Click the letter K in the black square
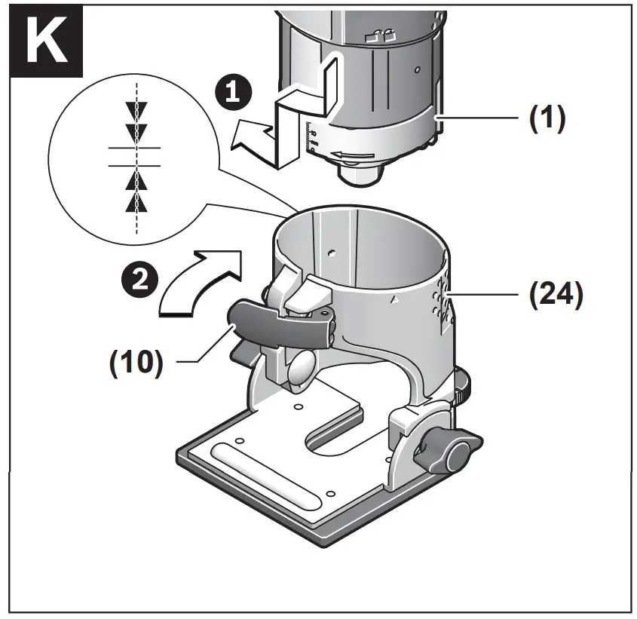tap(47, 43)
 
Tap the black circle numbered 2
tap(135, 280)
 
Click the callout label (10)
tap(136, 363)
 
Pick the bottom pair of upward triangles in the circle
tap(136, 192)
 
